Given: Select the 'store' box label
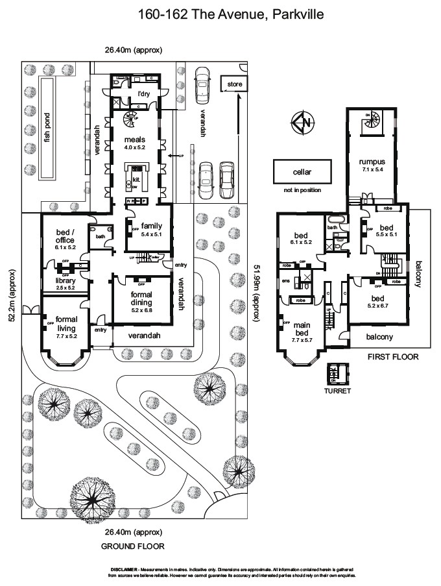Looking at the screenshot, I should point(235,84).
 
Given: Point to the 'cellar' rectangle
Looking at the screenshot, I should point(302,173).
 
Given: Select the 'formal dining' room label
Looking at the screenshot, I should point(141,298).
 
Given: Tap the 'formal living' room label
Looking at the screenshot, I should point(67,323).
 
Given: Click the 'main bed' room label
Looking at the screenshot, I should point(302,329).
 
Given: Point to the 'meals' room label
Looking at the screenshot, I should point(134,140).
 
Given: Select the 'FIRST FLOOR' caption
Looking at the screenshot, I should point(392,357).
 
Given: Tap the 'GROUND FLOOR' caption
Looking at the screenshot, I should point(132,546).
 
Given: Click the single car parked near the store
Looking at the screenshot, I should point(202,86).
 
